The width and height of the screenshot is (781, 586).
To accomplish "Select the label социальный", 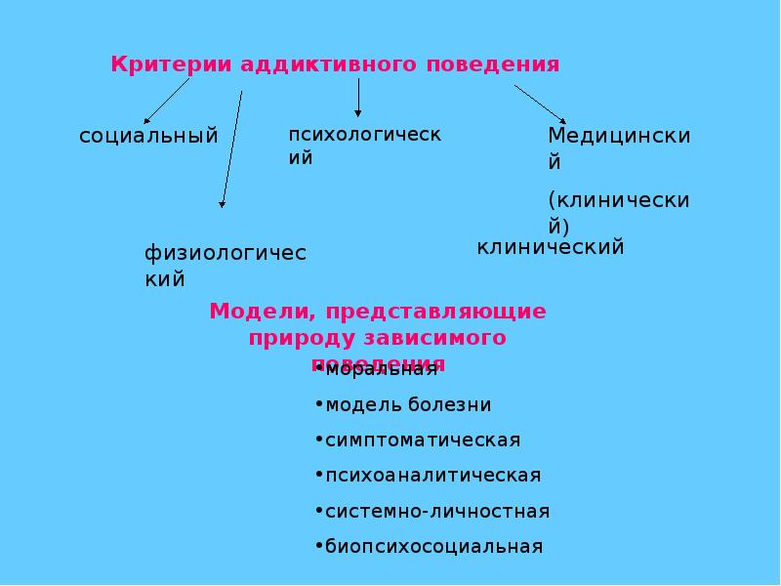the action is pyautogui.click(x=148, y=135).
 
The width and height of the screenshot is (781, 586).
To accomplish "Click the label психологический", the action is pyautogui.click(x=363, y=145).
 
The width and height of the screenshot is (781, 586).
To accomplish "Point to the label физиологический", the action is pyautogui.click(x=226, y=266).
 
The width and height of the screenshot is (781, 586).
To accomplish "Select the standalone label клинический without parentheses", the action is pyautogui.click(x=550, y=247).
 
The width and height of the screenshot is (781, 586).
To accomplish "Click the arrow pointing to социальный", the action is pyautogui.click(x=167, y=101).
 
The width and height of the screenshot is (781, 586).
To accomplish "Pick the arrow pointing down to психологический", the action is pyautogui.click(x=358, y=99).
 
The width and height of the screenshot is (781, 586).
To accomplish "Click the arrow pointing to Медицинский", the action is pyautogui.click(x=539, y=104).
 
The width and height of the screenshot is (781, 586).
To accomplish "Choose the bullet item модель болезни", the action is pyautogui.click(x=408, y=404).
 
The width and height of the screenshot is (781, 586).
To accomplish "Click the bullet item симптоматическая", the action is pyautogui.click(x=423, y=440).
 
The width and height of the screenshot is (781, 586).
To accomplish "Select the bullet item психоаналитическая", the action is pyautogui.click(x=432, y=476).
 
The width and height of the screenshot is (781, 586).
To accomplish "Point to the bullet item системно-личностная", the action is pyautogui.click(x=437, y=511).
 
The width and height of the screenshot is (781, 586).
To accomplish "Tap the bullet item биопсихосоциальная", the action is pyautogui.click(x=433, y=546).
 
